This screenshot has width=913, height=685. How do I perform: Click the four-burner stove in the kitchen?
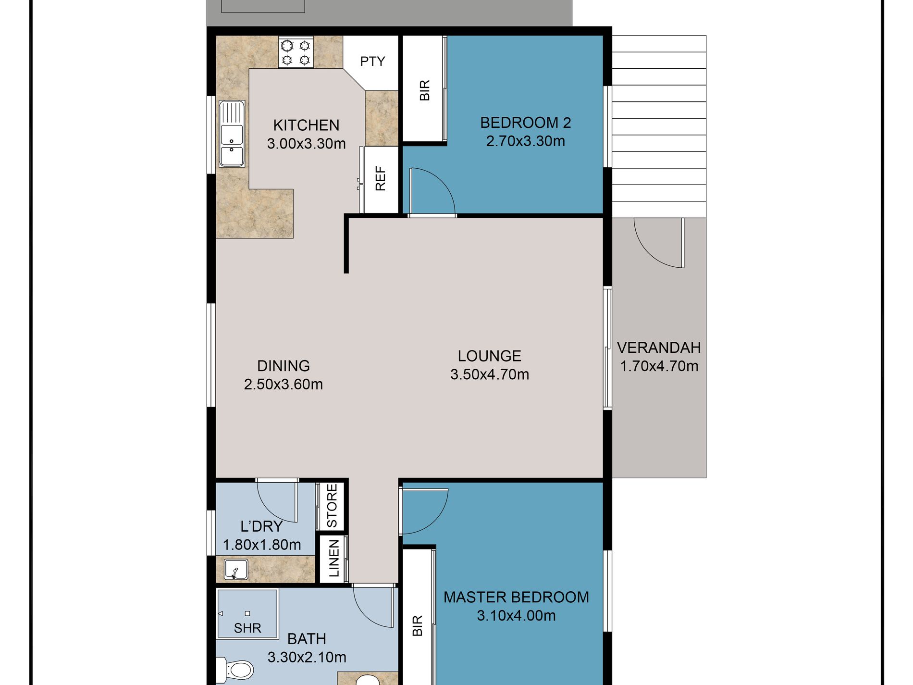(296, 52)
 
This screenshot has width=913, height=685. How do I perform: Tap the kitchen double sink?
(232, 134)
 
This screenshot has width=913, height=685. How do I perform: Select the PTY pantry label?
(372, 62)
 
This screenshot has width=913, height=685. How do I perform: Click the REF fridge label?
(380, 179)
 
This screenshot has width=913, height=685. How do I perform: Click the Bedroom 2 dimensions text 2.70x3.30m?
(525, 141)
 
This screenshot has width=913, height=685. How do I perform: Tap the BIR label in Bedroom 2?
(425, 90)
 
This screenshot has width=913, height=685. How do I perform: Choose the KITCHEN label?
(306, 125)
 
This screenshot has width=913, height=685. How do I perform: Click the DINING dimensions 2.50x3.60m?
(283, 385)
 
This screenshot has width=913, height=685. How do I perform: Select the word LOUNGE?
(489, 356)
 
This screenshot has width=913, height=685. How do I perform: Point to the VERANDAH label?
(659, 348)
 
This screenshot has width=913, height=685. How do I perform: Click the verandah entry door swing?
(659, 243)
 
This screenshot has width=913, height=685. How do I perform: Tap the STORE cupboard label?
(332, 506)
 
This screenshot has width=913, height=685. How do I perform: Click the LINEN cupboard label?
(334, 558)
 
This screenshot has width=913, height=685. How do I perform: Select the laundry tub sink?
(236, 570)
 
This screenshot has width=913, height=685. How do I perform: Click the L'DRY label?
(261, 526)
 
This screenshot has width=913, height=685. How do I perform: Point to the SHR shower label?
(247, 628)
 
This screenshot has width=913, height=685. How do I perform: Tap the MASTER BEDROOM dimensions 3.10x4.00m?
(516, 616)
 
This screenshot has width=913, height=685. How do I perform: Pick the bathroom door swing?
(374, 607)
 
